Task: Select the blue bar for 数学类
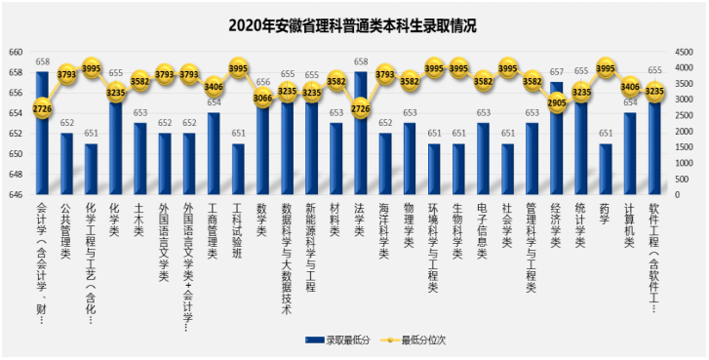262,146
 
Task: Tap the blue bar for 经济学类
556,146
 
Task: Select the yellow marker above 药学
605,68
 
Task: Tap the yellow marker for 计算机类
629,86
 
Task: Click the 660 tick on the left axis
16,52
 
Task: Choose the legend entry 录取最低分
335,340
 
